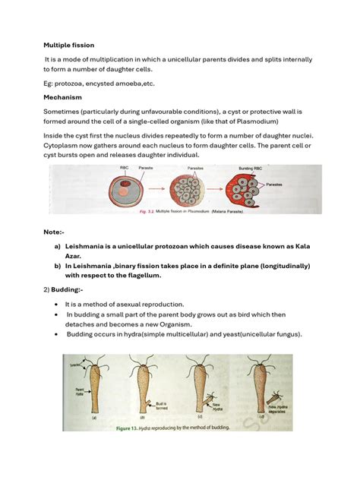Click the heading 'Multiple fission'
(68, 45)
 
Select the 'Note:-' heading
(53, 231)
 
